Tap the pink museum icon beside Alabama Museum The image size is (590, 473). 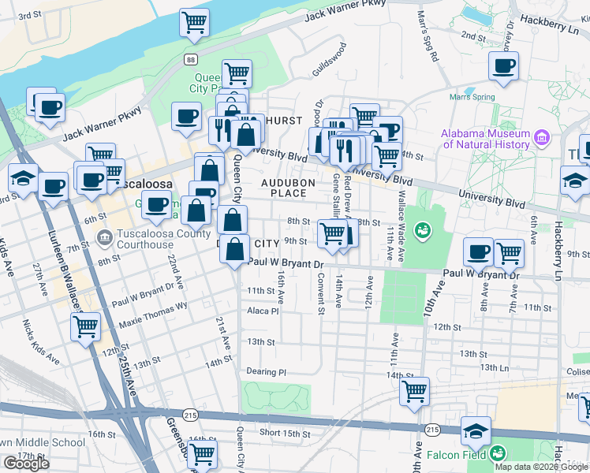click(x=541, y=139)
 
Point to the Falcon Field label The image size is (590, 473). click(x=454, y=455)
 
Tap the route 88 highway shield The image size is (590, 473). click(x=191, y=60)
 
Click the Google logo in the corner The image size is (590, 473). click(x=26, y=464)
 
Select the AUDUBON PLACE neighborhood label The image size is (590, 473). click(x=289, y=188)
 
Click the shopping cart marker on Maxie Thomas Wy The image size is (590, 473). click(x=85, y=325)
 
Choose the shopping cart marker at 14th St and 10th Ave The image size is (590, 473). click(x=414, y=389)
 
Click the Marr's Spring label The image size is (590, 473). click(x=472, y=98)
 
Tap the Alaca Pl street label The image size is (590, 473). click(x=263, y=311)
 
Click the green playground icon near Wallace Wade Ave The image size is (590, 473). click(x=422, y=230)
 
